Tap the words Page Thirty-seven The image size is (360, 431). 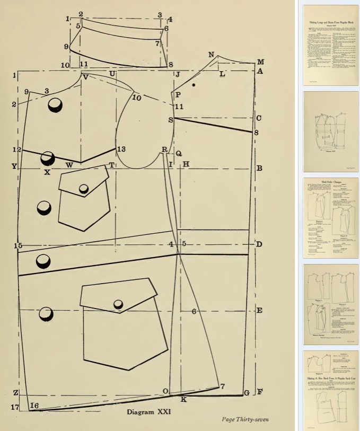tap(245, 420)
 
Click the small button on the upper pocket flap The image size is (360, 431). tap(84, 189)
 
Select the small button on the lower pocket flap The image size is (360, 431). tap(118, 303)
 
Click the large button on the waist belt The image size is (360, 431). tap(43, 261)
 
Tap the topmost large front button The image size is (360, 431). tap(55, 105)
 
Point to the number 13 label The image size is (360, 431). tap(121, 149)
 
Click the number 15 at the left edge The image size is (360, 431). tap(18, 245)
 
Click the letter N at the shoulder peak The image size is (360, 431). tap(211, 55)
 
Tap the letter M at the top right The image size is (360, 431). tap(260, 61)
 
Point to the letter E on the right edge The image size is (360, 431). tap(259, 310)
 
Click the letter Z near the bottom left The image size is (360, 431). tap(16, 393)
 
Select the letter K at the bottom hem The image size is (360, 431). tap(183, 399)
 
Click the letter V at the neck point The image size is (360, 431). tap(85, 77)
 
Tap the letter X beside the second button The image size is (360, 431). tap(47, 172)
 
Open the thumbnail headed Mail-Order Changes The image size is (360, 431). tap(330, 218)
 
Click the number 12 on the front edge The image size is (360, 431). tap(17, 150)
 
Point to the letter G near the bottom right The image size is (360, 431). tap(246, 393)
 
